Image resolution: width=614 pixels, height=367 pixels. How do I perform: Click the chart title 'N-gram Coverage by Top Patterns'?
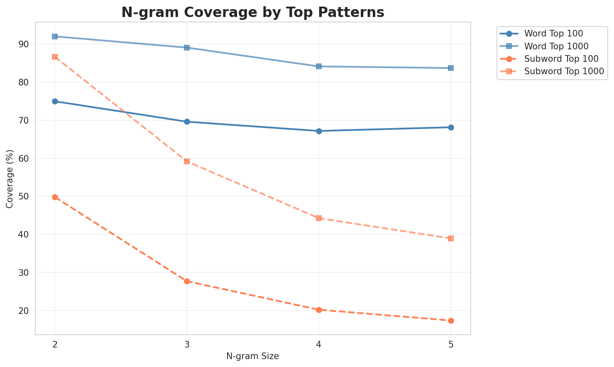[252, 12]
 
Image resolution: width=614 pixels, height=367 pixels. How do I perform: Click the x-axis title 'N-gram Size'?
[252, 356]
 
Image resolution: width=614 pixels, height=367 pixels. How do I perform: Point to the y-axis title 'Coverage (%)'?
[10, 179]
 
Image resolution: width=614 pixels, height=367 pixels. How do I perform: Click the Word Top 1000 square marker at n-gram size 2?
[55, 36]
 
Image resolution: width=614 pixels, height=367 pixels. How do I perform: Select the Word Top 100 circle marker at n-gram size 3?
[187, 122]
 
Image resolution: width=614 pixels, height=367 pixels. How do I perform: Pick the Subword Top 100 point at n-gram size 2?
[55, 197]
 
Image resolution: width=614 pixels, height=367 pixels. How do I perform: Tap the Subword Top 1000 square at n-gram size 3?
[187, 161]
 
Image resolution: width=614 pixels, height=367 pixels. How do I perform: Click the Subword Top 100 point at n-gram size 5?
[451, 321]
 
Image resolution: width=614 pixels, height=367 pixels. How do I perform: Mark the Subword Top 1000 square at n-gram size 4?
[319, 218]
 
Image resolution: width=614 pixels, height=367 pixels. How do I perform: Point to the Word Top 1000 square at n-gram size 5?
[451, 68]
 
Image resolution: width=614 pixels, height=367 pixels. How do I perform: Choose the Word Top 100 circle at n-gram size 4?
[319, 131]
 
